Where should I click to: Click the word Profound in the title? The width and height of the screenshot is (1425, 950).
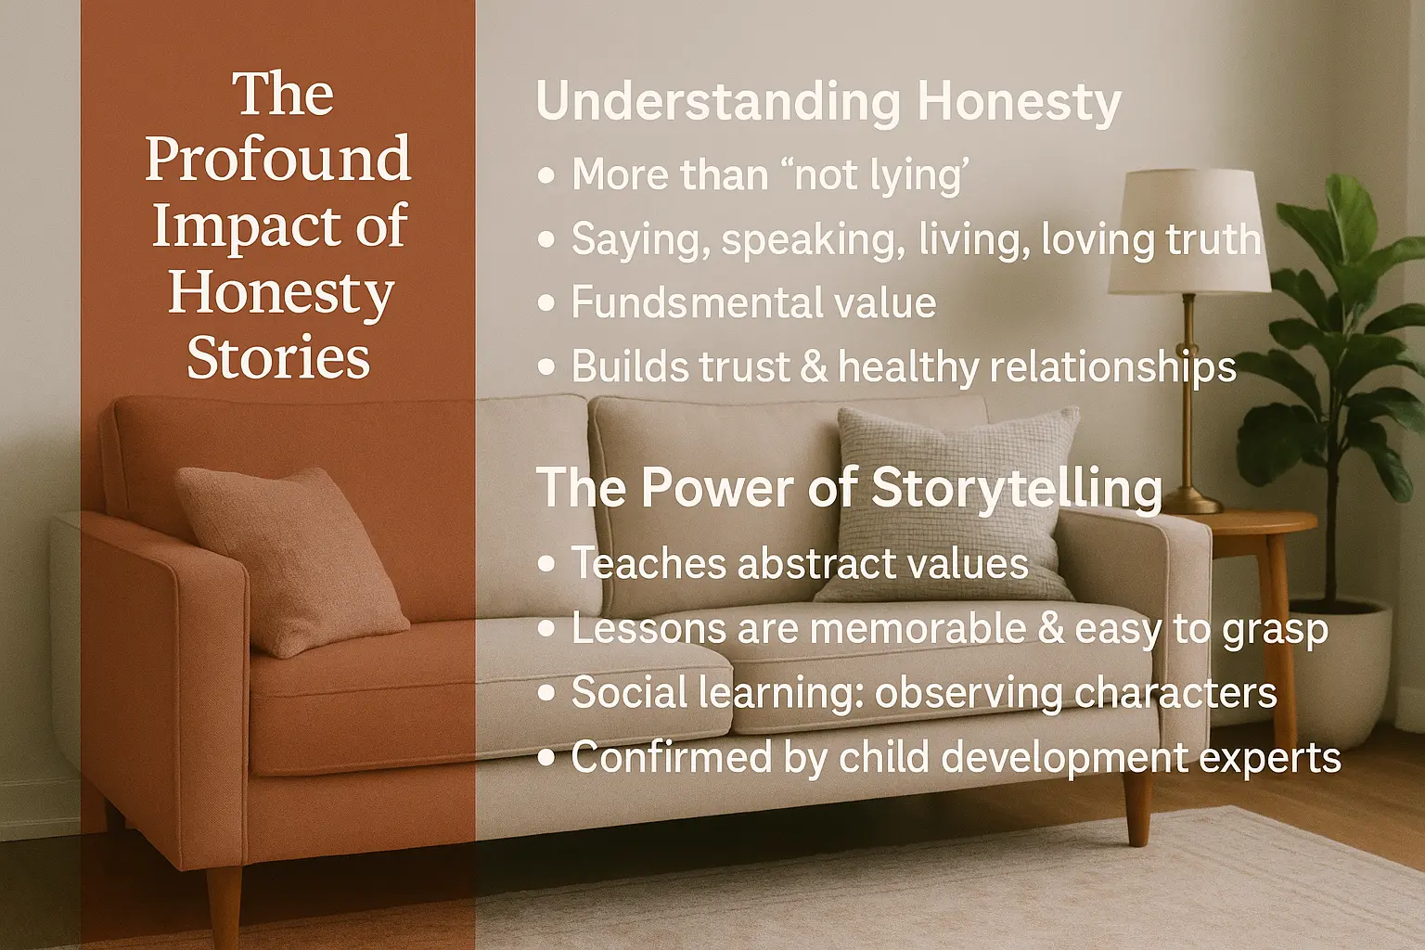(x=277, y=160)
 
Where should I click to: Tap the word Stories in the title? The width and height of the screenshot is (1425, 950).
(x=278, y=358)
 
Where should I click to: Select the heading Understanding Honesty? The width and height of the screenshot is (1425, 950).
(x=828, y=102)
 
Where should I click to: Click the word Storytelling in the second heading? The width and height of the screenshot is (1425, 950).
(x=1017, y=488)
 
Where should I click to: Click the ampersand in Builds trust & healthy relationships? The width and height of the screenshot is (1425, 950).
(x=814, y=366)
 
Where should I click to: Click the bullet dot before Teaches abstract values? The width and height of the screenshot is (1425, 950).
(x=546, y=564)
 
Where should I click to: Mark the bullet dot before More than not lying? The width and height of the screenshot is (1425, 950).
(x=546, y=175)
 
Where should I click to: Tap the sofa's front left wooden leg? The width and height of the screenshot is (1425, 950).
(x=224, y=905)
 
